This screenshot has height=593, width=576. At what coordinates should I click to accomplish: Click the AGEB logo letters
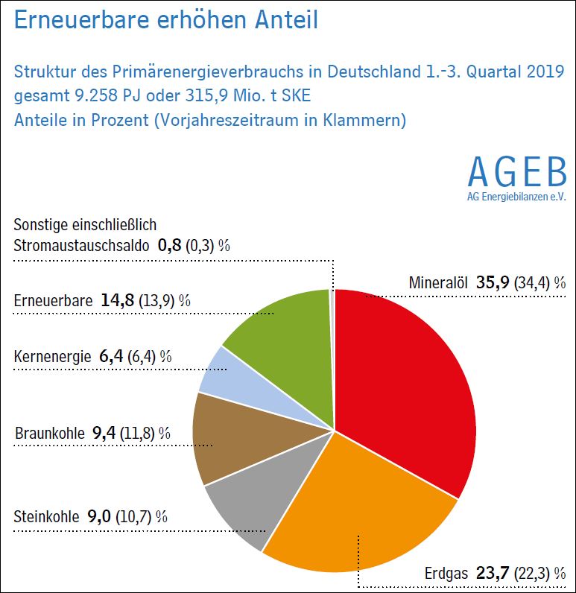[516, 174]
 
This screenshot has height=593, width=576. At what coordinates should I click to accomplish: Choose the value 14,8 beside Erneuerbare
[118, 301]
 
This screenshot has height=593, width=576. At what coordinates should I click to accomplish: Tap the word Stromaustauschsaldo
[82, 244]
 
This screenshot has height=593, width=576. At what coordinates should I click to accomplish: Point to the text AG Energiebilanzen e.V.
[516, 197]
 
